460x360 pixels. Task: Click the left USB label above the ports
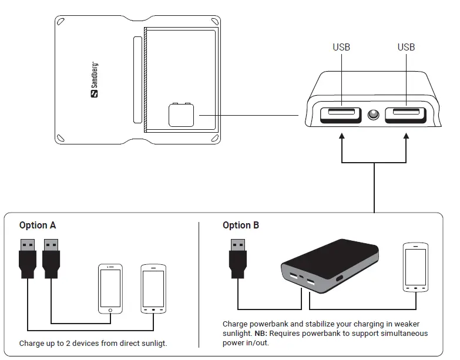[x=341, y=47]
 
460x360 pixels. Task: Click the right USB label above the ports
[x=406, y=47]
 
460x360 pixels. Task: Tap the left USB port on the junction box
[x=341, y=115]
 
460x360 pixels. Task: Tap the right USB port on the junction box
[x=405, y=115]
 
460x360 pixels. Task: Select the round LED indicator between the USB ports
[x=373, y=115]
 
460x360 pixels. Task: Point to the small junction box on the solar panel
[x=181, y=115]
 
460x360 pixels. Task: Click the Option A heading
[x=38, y=226]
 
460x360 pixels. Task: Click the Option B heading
[x=241, y=226]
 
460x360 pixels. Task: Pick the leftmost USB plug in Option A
[x=28, y=258]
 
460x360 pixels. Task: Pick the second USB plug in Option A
[x=52, y=258]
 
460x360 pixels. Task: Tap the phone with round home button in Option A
[x=110, y=288]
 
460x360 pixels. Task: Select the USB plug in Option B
[x=238, y=258]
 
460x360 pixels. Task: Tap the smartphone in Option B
[x=415, y=267]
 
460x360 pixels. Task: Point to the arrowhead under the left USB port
[x=341, y=137]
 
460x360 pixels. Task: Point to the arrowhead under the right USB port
[x=406, y=137]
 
